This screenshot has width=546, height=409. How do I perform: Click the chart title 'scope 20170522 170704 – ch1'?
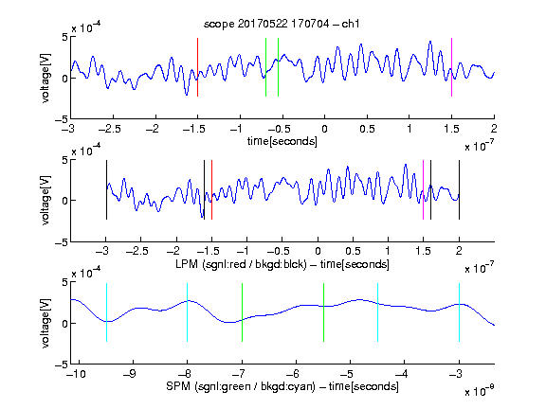click(282, 24)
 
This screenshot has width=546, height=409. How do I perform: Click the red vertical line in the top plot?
click(197, 67)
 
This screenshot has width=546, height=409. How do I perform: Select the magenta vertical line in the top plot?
click(451, 67)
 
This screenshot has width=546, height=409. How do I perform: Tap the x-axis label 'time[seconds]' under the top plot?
click(282, 141)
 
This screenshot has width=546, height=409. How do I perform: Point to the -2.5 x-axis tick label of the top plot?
click(110, 129)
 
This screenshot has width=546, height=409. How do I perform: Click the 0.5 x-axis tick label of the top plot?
click(367, 129)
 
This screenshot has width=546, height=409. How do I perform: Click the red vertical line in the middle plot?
click(211, 190)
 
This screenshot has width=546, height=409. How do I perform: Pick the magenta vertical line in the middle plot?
click(423, 190)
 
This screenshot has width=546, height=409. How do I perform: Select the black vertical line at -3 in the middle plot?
click(106, 190)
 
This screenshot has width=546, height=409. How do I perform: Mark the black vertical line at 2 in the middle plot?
click(459, 190)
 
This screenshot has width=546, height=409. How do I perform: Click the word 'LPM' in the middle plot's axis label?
click(187, 264)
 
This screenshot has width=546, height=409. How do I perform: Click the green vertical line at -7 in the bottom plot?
click(242, 312)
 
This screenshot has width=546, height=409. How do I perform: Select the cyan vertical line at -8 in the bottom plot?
click(187, 312)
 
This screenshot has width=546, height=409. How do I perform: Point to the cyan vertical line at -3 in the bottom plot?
click(459, 312)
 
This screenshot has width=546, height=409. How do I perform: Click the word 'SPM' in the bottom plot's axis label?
click(178, 386)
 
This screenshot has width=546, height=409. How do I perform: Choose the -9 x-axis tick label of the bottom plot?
click(130, 374)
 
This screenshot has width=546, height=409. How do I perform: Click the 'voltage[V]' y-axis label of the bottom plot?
click(45, 323)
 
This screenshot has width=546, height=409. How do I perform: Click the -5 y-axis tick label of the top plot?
click(61, 119)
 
